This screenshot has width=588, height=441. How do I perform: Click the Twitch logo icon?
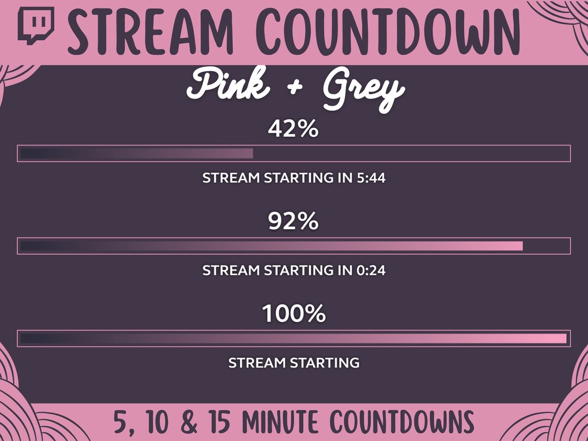[36, 25]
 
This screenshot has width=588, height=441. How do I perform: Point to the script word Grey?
[362, 90]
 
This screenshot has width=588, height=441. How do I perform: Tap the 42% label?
[293, 130]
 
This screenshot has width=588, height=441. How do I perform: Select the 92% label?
[293, 222]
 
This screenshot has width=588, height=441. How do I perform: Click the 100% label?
[293, 314]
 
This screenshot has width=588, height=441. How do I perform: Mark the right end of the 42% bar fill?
[251, 154]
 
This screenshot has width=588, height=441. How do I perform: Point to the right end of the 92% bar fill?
[520, 246]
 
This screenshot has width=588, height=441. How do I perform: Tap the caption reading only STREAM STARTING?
[293, 363]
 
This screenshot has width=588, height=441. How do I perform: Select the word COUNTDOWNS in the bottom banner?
[402, 422]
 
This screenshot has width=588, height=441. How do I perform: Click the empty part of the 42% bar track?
[408, 154]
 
